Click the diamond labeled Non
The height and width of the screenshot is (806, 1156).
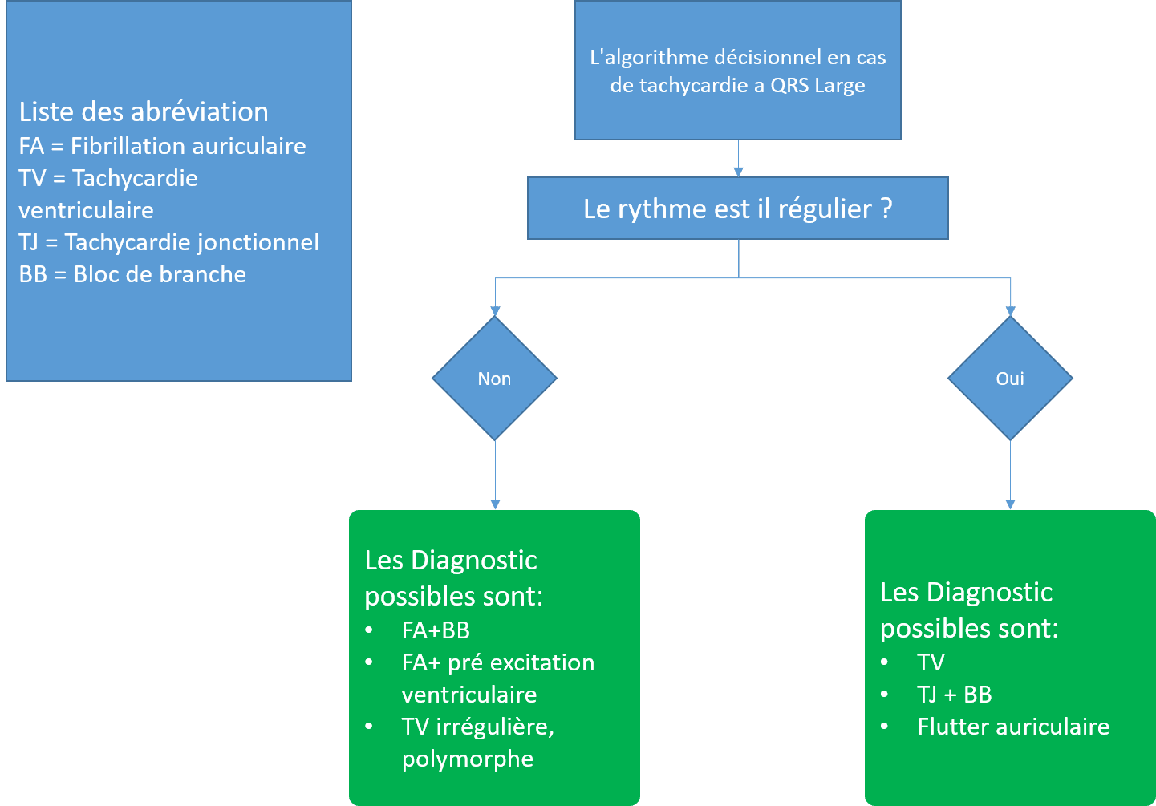pos(494,379)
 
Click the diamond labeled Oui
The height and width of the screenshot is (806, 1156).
pos(1010,379)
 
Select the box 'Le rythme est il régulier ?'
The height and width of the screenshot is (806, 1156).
pos(737,209)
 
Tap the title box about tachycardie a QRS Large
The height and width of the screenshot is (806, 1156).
pos(737,71)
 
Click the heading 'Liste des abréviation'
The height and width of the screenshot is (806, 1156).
pos(144,111)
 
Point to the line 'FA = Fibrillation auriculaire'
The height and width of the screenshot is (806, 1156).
pos(162,146)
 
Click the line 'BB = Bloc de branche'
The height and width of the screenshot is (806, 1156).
pos(132,274)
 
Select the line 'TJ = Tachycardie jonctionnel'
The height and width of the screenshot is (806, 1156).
pos(168,242)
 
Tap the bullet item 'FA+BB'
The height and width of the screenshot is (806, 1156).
pos(436,630)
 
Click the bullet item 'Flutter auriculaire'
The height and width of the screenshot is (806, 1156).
pos(1013,727)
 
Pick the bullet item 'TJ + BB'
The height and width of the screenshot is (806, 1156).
pos(954,695)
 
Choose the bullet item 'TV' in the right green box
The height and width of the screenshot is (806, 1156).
pos(931,662)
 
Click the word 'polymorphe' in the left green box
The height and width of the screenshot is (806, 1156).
pos(468,759)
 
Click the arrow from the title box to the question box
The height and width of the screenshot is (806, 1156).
pos(738,158)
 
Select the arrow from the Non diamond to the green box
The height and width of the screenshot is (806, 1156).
pos(495,473)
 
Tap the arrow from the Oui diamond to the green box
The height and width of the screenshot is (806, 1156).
pos(1010,473)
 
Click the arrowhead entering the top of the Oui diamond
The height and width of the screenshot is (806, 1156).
pos(1011,311)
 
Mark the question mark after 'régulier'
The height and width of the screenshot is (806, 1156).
pos(886,209)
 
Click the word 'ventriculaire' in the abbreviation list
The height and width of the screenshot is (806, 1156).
pos(86,210)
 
